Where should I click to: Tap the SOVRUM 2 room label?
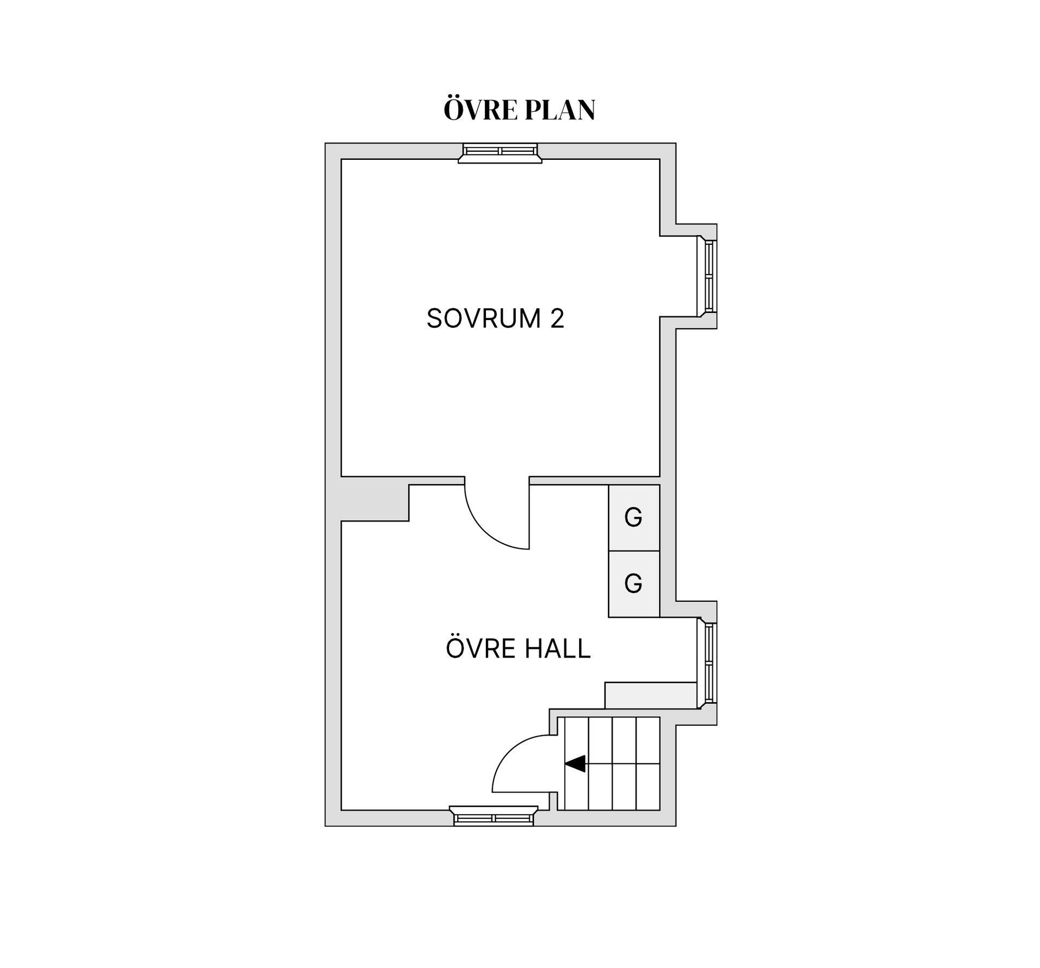[x=495, y=318]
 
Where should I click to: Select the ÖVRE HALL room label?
[x=518, y=648]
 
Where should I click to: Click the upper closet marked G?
[x=634, y=518]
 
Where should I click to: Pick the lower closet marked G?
[x=634, y=584]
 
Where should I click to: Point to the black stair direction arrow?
[x=575, y=763]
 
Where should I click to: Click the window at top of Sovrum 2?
[x=500, y=153]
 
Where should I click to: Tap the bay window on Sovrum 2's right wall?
[x=707, y=276]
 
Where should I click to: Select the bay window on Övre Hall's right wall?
[x=707, y=664]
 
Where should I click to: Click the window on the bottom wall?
[x=493, y=816]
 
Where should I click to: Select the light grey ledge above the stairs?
[x=651, y=695]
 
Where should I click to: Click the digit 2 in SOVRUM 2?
[x=557, y=318]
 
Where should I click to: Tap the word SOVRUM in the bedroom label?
[x=484, y=318]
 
